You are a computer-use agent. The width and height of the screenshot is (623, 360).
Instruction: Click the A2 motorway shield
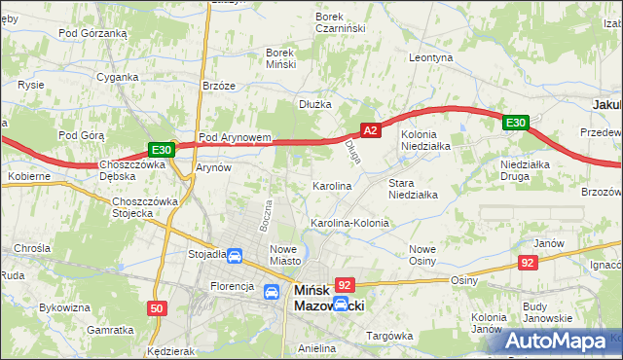(370, 128)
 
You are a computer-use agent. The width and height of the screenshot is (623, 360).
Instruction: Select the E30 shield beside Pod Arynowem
(162, 149)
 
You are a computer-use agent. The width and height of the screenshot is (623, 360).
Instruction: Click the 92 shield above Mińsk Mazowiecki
(344, 284)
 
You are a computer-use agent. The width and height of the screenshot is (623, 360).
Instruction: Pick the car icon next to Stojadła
(235, 256)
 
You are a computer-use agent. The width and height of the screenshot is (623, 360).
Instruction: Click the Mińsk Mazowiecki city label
(328, 298)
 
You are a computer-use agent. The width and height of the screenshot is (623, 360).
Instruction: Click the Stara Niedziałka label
(413, 188)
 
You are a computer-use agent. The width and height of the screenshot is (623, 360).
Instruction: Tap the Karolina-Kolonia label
(349, 223)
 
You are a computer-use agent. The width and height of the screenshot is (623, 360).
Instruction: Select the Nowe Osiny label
(421, 254)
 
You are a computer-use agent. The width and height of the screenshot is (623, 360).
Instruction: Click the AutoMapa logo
(559, 342)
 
